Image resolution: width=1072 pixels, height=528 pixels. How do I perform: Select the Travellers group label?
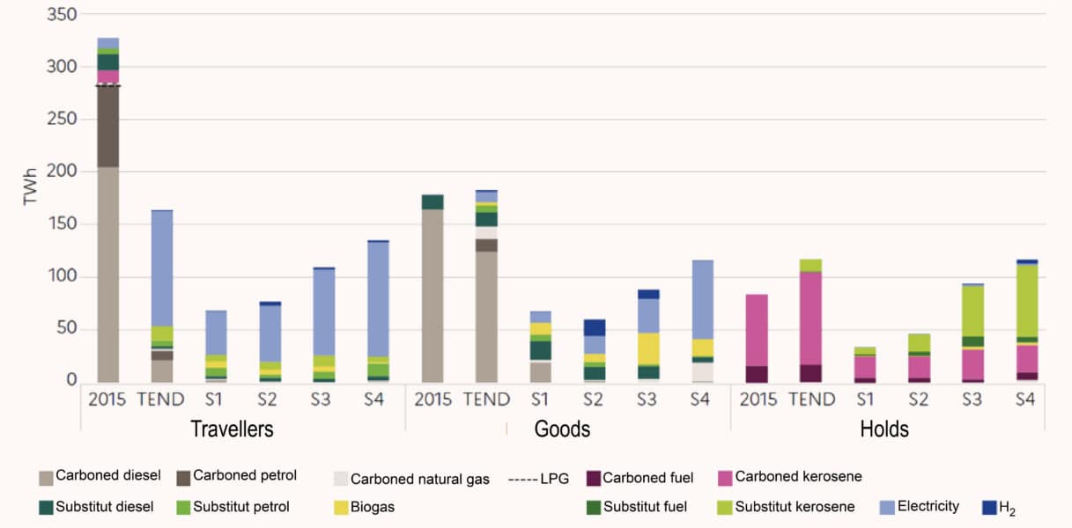pos(232,429)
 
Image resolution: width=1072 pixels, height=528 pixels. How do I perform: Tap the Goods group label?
pos(562,429)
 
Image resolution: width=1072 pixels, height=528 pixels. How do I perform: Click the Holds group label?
pos(884,429)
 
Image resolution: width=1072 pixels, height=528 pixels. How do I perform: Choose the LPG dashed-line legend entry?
pos(538,479)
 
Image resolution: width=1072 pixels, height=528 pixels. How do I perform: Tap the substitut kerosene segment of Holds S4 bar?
pos(1024,300)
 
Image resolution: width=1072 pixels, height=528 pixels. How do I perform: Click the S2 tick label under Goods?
pos(595,400)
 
